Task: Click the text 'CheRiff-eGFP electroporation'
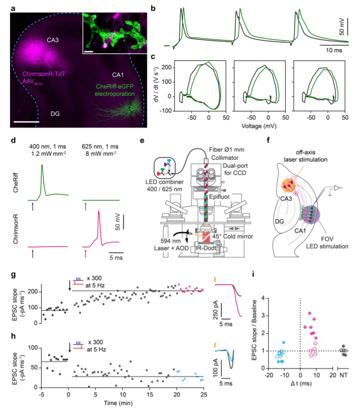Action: click(x=114, y=89)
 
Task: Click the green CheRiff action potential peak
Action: click(x=42, y=165)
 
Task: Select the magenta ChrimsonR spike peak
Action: click(x=99, y=212)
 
